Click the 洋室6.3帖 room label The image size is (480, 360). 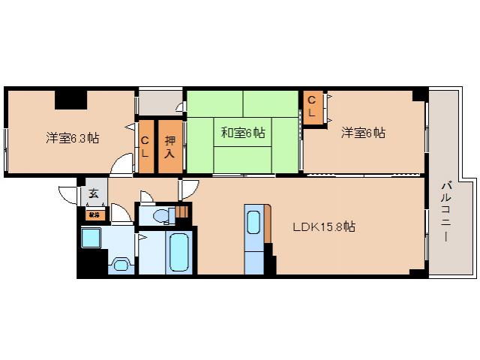73,138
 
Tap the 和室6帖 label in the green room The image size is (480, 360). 242,133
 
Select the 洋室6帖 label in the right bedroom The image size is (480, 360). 363,133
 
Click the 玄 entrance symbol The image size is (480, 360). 94,193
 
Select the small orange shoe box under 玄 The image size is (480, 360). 94,214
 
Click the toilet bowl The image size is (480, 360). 160,216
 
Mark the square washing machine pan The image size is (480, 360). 95,239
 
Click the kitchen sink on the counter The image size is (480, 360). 253,223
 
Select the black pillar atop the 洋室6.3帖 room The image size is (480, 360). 70,97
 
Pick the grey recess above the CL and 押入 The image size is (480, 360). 160,103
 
